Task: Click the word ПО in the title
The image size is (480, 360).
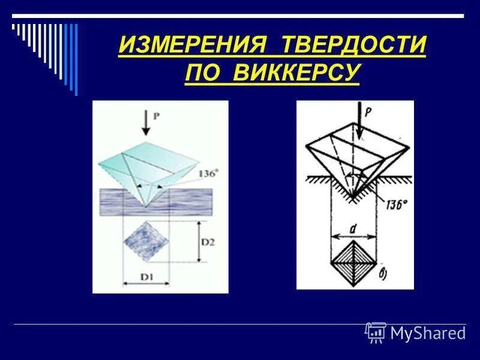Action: click(205, 73)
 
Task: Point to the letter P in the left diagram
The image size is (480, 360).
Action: click(157, 117)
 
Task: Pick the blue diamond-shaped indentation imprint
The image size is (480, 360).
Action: click(146, 241)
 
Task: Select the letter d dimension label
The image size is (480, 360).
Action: click(354, 228)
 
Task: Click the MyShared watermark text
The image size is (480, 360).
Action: click(428, 332)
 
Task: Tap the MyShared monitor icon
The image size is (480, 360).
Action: click(376, 332)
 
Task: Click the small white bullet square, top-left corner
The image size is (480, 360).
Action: click(13, 26)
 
